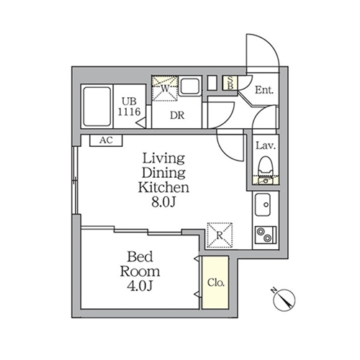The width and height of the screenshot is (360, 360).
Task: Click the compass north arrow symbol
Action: tap(284, 300)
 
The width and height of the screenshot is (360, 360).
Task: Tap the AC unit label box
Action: tap(106, 140)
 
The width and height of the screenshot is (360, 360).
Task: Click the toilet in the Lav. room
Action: tap(266, 166)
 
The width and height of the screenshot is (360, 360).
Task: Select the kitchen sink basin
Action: tap(263, 204)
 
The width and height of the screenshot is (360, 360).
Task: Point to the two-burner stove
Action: tap(266, 235)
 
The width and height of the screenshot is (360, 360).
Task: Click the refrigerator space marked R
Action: tap(220, 235)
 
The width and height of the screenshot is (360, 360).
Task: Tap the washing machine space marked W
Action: tap(165, 89)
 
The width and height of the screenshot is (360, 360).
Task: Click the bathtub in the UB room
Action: tap(97, 107)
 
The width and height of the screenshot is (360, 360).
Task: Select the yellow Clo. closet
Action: tap(215, 282)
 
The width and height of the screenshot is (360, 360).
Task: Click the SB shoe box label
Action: tap(230, 83)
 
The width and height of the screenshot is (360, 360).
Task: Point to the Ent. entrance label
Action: tap(264, 90)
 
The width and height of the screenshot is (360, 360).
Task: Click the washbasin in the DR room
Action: tap(190, 86)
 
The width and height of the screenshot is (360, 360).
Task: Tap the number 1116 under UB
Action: tap(129, 112)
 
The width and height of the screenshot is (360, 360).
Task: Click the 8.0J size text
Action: tap(163, 202)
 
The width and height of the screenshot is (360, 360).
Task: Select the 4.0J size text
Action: tap(140, 286)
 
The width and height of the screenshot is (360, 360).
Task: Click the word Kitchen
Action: tap(163, 188)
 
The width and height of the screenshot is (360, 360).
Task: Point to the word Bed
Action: tap(140, 256)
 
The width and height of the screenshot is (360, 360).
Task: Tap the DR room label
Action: tap(177, 116)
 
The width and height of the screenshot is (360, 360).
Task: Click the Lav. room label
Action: tap(266, 145)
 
